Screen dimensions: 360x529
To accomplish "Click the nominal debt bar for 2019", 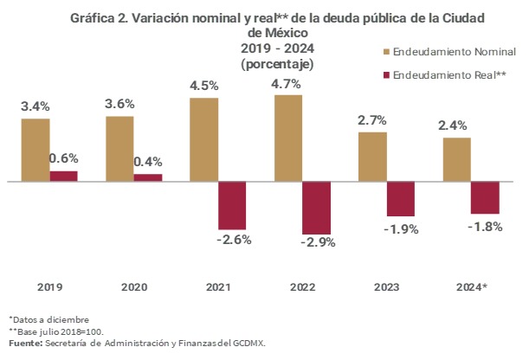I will [35, 150].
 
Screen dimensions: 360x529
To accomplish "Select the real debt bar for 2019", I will [63, 176].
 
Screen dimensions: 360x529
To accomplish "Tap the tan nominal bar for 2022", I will [288, 138].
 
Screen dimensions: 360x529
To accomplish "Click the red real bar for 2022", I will [316, 208].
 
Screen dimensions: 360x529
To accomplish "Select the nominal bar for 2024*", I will [456, 159].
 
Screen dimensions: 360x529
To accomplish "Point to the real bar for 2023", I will [400, 199].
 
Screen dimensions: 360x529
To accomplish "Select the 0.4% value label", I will [148, 161].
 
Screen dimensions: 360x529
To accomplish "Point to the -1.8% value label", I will [484, 226].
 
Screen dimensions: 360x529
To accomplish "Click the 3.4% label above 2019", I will [35, 106].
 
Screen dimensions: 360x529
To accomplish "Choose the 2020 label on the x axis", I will [133, 286].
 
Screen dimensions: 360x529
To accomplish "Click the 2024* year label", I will [472, 286].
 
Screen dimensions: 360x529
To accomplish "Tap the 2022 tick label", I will [302, 286].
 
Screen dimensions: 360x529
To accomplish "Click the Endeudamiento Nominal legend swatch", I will [385, 52].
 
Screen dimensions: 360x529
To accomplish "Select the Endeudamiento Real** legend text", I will [449, 75].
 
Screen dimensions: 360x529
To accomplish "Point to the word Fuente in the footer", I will [24, 343].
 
